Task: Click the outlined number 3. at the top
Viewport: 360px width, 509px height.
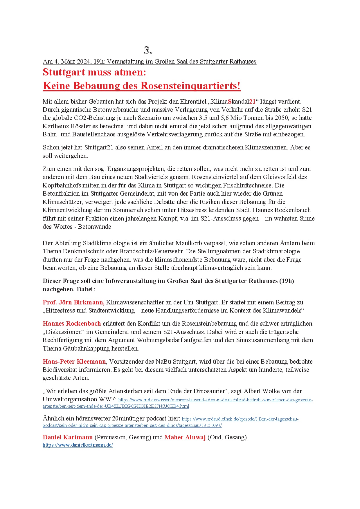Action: pos(148,50)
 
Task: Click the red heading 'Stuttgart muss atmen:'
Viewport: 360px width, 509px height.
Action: pos(94,72)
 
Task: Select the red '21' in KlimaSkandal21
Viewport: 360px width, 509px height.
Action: pos(252,102)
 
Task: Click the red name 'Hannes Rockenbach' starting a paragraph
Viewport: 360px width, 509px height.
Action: pos(72,324)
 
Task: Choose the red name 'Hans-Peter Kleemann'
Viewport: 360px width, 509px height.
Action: pos(74,362)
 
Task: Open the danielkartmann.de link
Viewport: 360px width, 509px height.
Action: pos(78,445)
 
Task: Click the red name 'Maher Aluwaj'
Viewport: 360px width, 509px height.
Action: pos(185,437)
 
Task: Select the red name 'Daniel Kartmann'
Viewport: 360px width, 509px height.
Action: pos(68,437)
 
